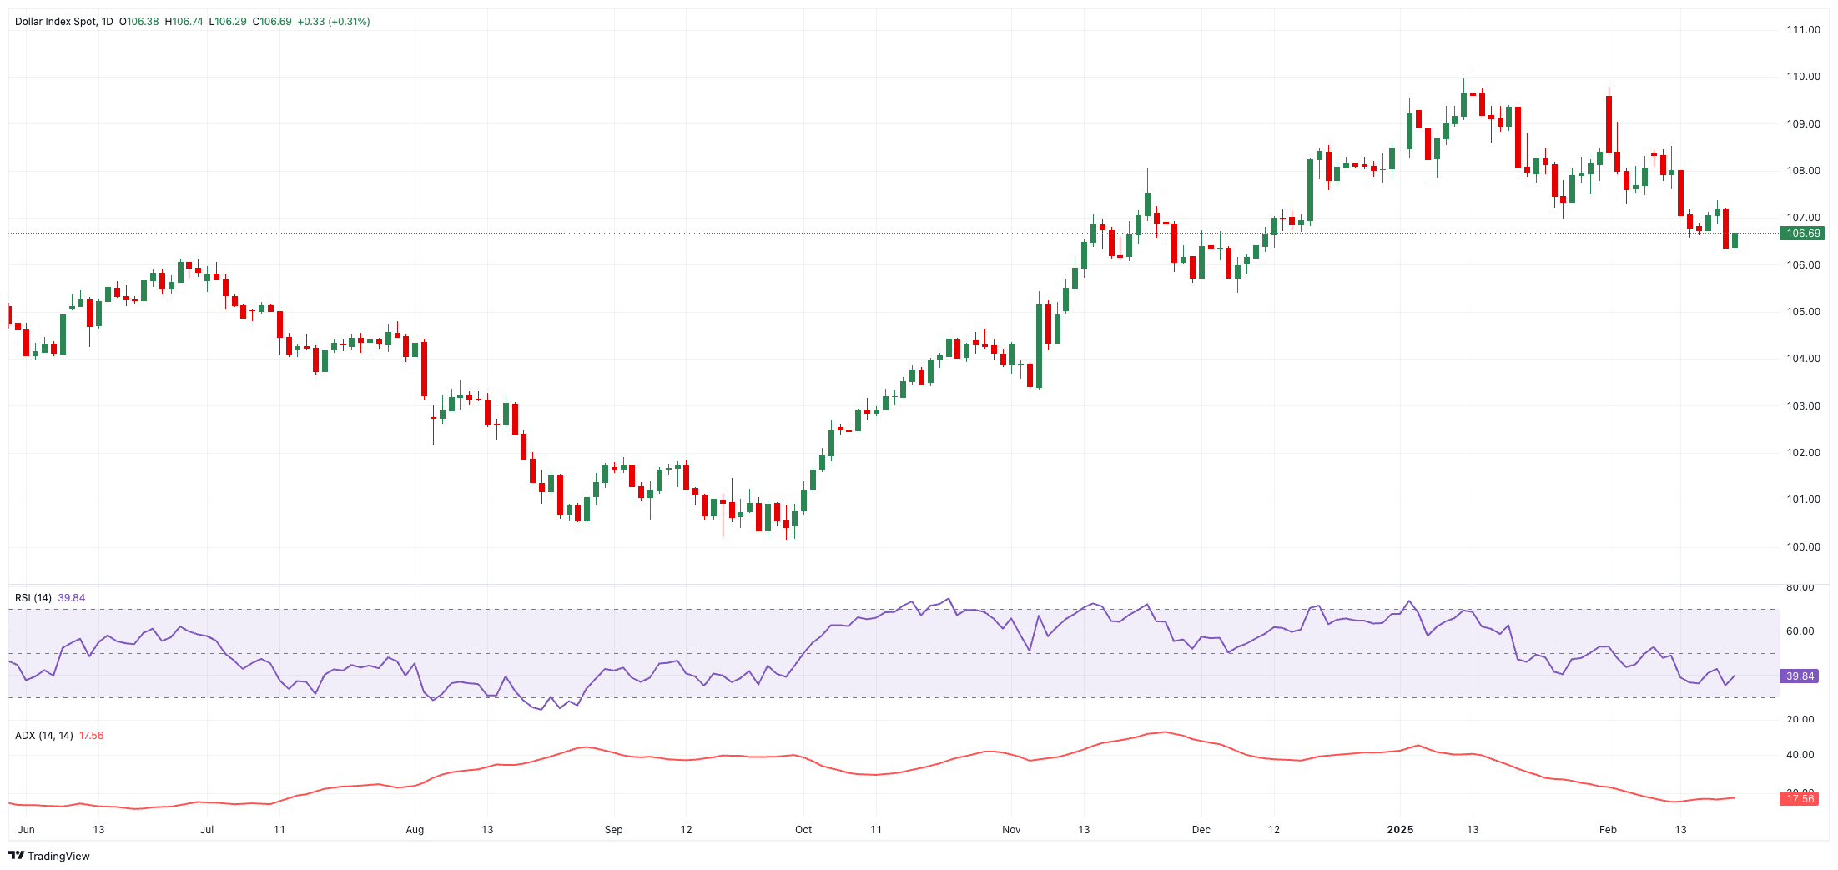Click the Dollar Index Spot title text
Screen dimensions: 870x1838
[56, 22]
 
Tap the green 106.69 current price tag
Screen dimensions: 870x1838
[1802, 234]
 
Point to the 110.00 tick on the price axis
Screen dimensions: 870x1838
[1803, 77]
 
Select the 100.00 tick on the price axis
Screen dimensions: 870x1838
[1803, 547]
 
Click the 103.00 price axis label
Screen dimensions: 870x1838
[1803, 406]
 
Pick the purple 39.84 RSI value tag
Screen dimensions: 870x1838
[1800, 676]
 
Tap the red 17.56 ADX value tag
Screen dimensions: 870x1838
[1800, 799]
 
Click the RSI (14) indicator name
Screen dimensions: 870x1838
[33, 598]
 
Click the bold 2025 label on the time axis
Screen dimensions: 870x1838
[1400, 830]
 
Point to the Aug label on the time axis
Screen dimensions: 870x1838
[415, 830]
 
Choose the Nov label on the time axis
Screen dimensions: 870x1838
[1011, 830]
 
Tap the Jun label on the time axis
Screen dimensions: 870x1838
[27, 830]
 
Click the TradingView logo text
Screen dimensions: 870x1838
[58, 857]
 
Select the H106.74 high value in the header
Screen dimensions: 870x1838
[184, 22]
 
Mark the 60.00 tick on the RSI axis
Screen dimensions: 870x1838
[1800, 631]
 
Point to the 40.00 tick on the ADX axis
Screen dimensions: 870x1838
[1800, 755]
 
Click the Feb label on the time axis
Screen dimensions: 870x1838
[1608, 830]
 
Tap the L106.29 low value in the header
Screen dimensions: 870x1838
[228, 22]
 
